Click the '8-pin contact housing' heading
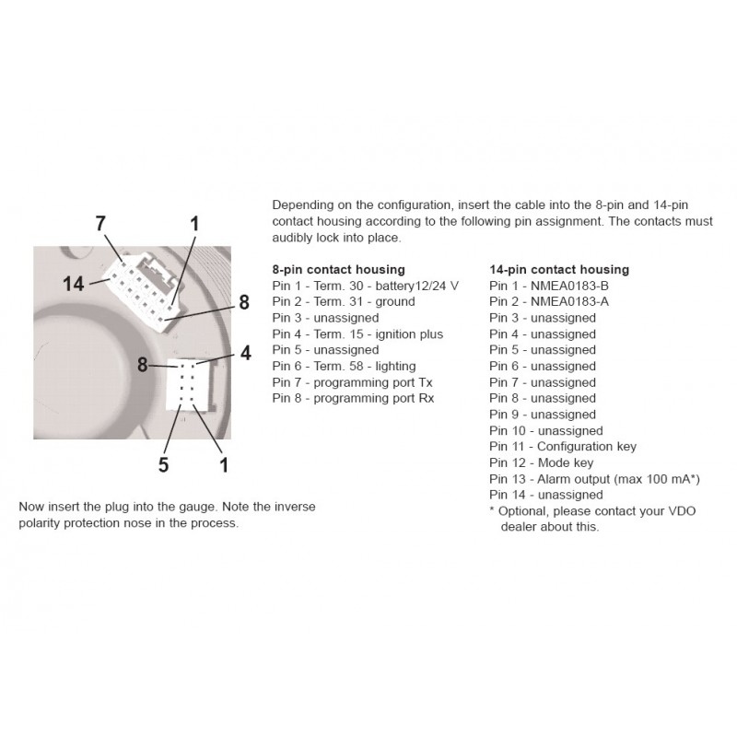coord(338,269)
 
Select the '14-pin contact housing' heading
coord(559,269)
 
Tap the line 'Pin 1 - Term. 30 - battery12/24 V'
coord(365,286)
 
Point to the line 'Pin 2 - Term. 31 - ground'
coord(344,301)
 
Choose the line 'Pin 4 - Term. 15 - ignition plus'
coord(357,333)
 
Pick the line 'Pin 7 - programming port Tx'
coord(352,382)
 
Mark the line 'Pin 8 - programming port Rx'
coord(353,398)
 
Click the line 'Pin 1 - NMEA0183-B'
coord(547,286)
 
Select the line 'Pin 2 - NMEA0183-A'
coord(547,301)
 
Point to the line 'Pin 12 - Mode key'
coord(542,462)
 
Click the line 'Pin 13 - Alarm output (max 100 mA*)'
coord(595,479)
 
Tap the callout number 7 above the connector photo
coord(100,223)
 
